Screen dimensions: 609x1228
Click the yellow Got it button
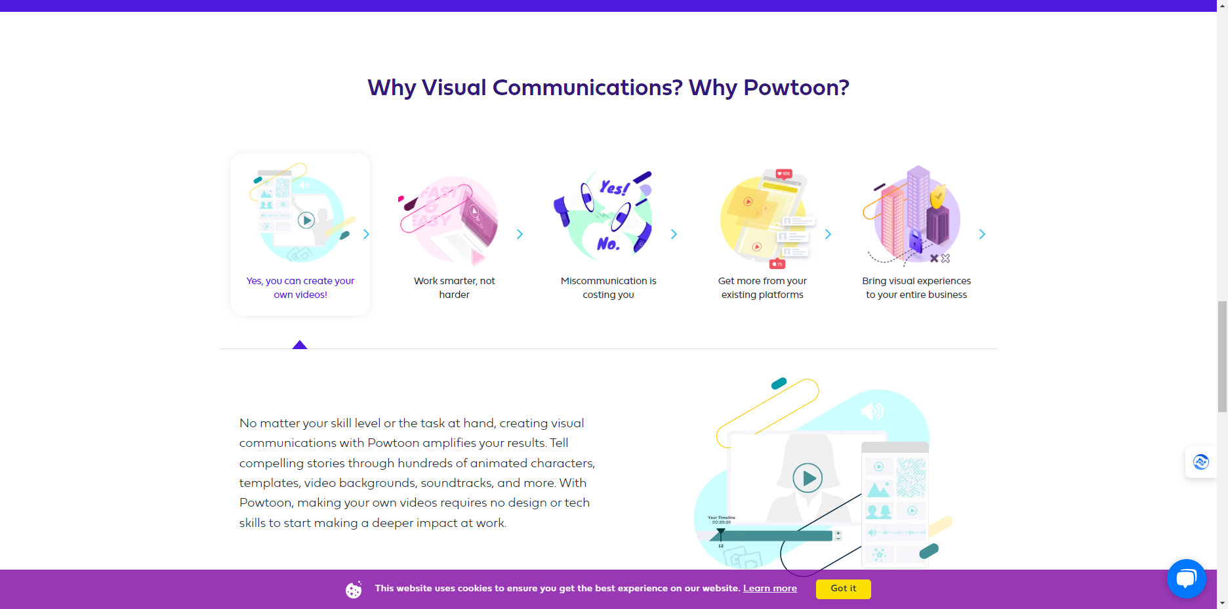[843, 589]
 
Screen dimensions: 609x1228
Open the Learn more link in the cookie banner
[769, 589]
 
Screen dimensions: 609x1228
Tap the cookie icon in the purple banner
[354, 590]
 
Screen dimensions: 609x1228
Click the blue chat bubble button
[1186, 578]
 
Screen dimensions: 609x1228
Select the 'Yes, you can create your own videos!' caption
[300, 287]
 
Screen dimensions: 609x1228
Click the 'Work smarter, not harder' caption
[454, 287]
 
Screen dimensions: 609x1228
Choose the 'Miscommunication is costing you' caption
[608, 287]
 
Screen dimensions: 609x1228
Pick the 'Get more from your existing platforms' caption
[762, 287]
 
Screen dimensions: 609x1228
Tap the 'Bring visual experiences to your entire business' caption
[916, 287]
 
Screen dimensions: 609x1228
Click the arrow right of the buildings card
[982, 234]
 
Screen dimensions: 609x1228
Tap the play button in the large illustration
[808, 478]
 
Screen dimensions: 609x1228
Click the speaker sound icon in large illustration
[872, 411]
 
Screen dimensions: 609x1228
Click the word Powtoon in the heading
[796, 87]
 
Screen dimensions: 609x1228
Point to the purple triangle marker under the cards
[300, 345]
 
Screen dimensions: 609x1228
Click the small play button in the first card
[306, 220]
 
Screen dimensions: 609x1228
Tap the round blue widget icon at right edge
[1200, 462]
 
